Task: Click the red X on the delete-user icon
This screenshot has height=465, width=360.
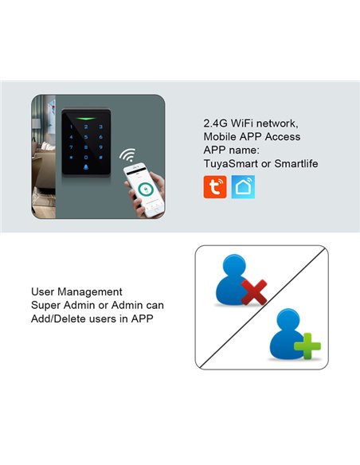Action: (x=253, y=295)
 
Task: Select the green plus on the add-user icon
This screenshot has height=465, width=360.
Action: (x=307, y=348)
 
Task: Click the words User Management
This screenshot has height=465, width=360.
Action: (x=76, y=292)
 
